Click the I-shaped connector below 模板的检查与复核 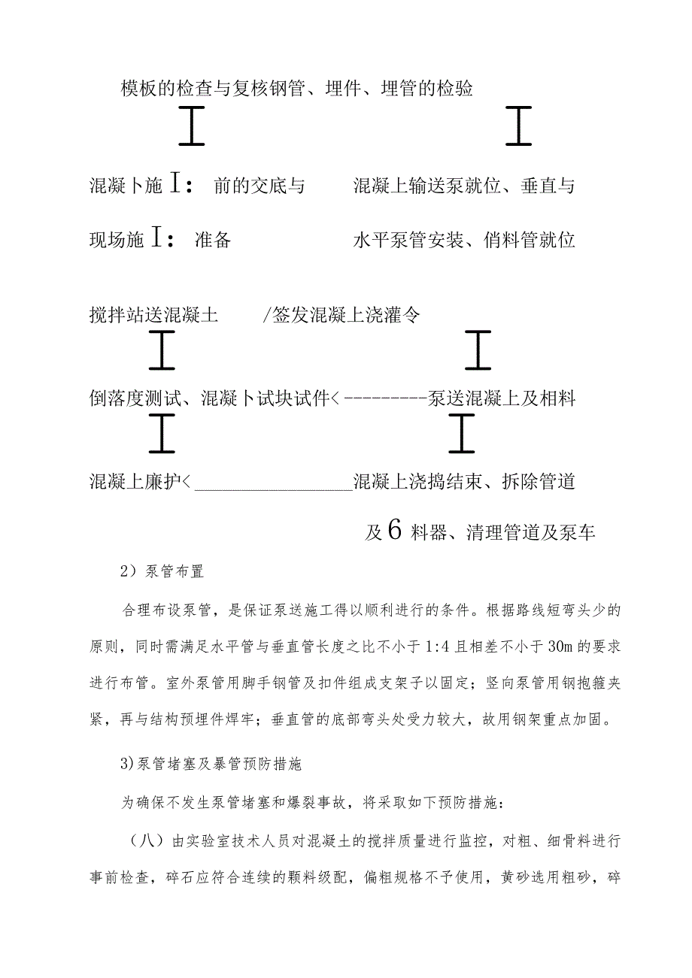(193, 126)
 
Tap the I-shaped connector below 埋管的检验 (518, 126)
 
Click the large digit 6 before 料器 (397, 531)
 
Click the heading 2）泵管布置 (162, 571)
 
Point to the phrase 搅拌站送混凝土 (153, 316)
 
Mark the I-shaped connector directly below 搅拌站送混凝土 (162, 350)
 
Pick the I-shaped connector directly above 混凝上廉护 (162, 435)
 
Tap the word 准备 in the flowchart (213, 241)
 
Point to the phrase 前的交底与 (259, 186)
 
